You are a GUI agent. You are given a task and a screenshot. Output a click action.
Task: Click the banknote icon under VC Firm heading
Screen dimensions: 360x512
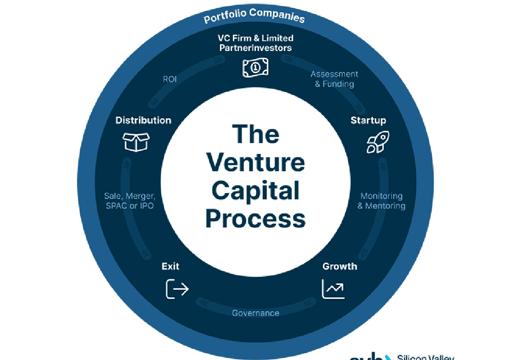point(256,67)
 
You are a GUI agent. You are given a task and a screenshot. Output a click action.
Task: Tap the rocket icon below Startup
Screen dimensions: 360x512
point(378,142)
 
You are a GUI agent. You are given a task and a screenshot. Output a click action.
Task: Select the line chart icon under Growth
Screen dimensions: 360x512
point(333,289)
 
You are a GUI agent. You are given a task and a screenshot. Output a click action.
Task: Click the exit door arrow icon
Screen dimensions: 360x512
point(177,288)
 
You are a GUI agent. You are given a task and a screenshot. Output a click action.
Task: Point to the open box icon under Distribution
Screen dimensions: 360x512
point(136,142)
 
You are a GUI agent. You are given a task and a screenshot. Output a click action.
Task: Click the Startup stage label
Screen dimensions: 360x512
point(368,120)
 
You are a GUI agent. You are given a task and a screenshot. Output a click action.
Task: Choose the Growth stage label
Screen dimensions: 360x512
point(339,266)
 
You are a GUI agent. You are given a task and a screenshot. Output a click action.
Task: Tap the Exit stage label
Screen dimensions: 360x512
point(171,266)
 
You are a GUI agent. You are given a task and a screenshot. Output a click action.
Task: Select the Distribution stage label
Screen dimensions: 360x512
point(143,120)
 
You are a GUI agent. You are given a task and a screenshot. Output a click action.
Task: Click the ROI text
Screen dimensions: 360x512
point(170,79)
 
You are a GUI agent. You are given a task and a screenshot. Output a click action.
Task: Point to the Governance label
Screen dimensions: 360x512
point(256,313)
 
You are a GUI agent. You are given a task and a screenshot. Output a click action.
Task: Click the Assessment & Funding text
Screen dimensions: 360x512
point(334,79)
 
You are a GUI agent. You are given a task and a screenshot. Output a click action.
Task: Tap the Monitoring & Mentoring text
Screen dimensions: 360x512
point(381,201)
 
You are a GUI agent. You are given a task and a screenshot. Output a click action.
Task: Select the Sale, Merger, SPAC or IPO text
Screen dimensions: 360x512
point(129,201)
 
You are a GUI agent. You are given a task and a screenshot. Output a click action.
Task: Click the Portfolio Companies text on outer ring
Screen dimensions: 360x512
point(254,16)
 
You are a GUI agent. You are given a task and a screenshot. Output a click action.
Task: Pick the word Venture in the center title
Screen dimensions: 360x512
point(256,162)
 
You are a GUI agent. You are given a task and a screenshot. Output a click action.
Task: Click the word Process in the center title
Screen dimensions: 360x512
point(256,219)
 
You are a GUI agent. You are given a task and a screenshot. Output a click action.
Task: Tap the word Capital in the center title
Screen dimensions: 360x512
point(256,191)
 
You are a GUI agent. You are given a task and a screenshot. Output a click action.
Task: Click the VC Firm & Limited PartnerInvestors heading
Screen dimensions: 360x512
point(256,43)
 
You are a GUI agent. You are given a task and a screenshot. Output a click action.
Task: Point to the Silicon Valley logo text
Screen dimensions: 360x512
point(425,356)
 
